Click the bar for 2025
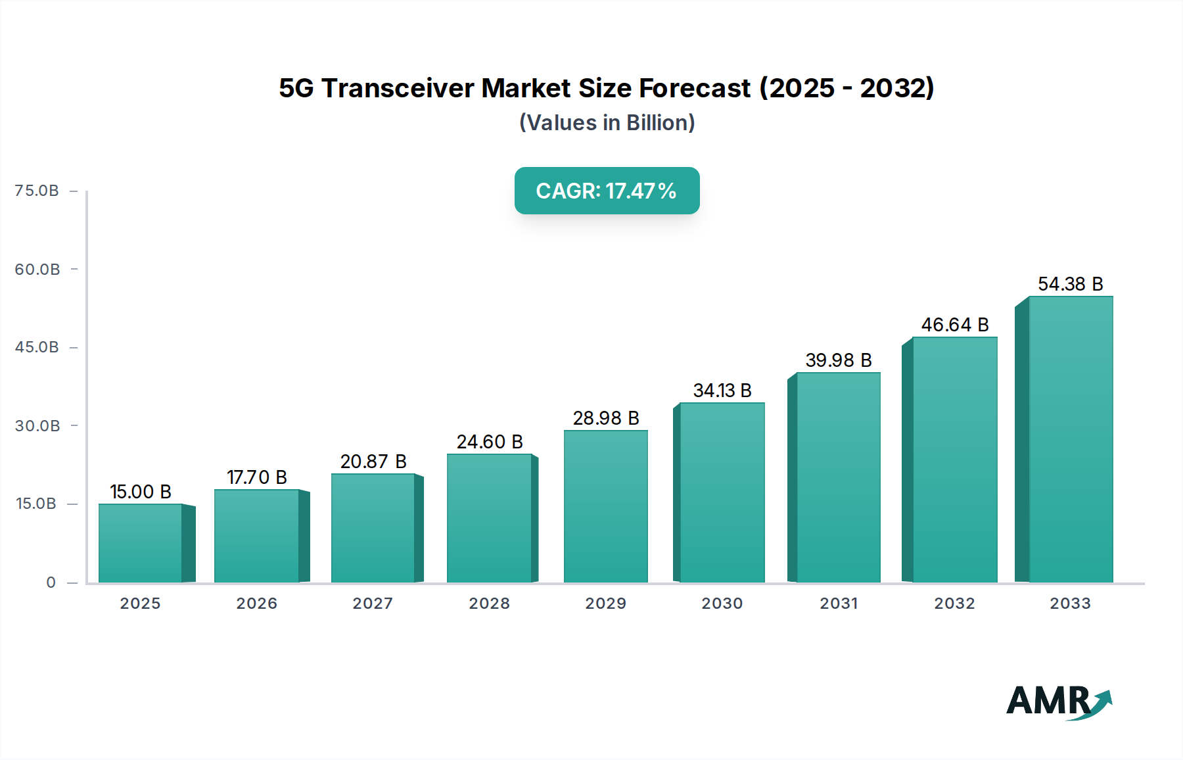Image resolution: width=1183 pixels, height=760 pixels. pyautogui.click(x=140, y=543)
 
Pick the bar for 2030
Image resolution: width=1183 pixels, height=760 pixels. pyautogui.click(x=722, y=492)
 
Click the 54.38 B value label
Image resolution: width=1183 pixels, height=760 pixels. pyautogui.click(x=1070, y=284)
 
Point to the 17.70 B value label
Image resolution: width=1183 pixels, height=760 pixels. pyautogui.click(x=257, y=477)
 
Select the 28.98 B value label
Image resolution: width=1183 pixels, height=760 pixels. pyautogui.click(x=606, y=418)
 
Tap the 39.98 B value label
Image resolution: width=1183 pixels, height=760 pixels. pyautogui.click(x=839, y=360)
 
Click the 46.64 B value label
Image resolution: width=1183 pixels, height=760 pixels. pyautogui.click(x=955, y=325)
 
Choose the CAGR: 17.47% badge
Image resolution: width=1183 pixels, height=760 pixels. pyautogui.click(x=607, y=191)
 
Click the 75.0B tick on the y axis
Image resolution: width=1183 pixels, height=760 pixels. pyautogui.click(x=37, y=191)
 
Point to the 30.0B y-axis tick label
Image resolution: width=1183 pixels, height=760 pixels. pyautogui.click(x=37, y=426)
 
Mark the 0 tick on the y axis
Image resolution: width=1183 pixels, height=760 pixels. pyautogui.click(x=51, y=582)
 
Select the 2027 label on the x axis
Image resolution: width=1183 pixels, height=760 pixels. pyautogui.click(x=373, y=604)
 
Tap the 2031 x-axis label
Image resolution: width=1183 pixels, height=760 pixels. pyautogui.click(x=839, y=604)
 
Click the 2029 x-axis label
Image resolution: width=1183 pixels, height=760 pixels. pyautogui.click(x=606, y=604)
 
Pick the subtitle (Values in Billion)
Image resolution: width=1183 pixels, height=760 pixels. pyautogui.click(x=607, y=123)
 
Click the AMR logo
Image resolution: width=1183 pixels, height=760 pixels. pyautogui.click(x=1058, y=701)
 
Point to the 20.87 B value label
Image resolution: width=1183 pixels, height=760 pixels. pyautogui.click(x=373, y=462)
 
